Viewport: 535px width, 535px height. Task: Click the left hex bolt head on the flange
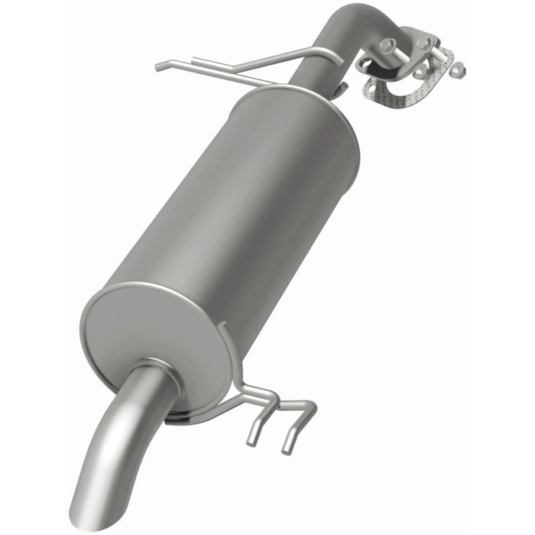click(388, 45)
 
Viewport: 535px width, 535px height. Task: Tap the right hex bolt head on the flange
click(423, 44)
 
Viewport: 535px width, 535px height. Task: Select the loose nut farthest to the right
click(457, 70)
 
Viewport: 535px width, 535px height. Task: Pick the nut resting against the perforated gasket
click(420, 71)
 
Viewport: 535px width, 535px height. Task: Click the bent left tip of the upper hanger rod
click(159, 67)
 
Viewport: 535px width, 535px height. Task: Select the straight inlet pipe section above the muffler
click(310, 65)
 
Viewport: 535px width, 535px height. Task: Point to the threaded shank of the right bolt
click(439, 55)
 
